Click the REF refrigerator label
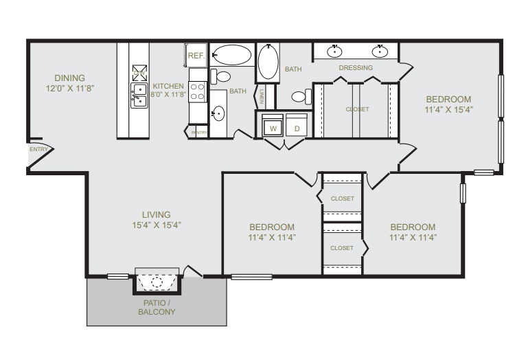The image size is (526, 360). tap(196, 55)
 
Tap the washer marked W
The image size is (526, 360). tap(273, 128)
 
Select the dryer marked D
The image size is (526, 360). tap(297, 128)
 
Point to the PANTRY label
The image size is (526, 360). tap(198, 132)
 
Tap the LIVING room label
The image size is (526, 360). tap(156, 214)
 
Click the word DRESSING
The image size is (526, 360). tap(356, 68)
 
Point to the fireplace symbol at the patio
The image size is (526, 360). tap(157, 282)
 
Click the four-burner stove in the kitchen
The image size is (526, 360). tap(198, 91)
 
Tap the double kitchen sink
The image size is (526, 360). tap(139, 95)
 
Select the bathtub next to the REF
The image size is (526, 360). tap(231, 55)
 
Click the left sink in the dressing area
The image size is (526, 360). tap(335, 52)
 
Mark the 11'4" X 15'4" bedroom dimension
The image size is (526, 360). tap(448, 109)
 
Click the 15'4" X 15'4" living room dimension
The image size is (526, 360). tap(157, 225)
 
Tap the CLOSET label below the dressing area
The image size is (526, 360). tap(357, 109)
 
